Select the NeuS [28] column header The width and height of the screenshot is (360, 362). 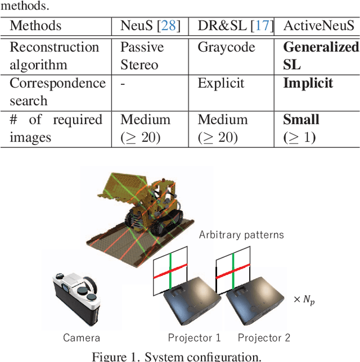click(x=150, y=26)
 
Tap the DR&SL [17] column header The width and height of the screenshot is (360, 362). click(x=235, y=26)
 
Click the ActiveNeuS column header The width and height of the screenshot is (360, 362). click(x=319, y=26)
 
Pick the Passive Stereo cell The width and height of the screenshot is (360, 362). click(x=142, y=56)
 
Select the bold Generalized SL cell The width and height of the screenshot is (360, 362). click(x=321, y=56)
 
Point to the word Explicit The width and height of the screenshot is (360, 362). click(x=221, y=84)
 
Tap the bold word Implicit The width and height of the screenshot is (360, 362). click(x=308, y=84)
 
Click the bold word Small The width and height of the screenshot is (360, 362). click(x=301, y=120)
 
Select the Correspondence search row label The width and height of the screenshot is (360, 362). click(x=57, y=92)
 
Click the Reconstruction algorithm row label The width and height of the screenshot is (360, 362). click(x=54, y=56)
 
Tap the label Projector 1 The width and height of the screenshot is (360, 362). click(x=194, y=338)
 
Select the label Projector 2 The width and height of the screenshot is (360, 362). click(x=263, y=338)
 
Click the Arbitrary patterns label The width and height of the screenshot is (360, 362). click(x=241, y=234)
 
